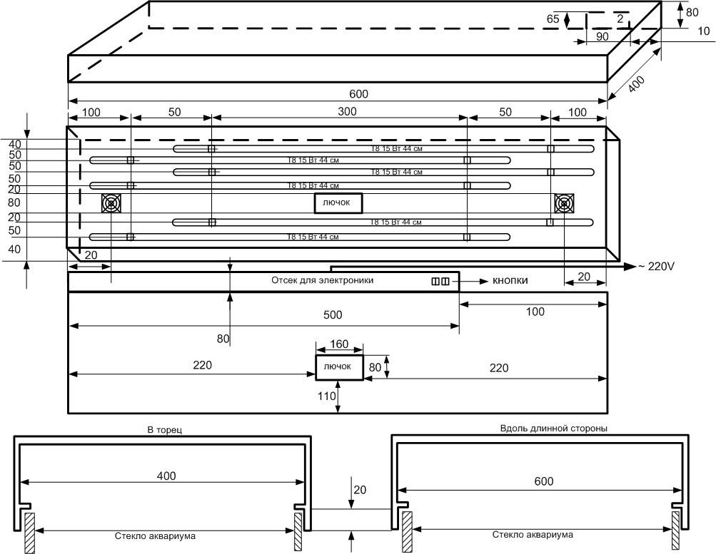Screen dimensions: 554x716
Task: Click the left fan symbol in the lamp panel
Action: click(111, 204)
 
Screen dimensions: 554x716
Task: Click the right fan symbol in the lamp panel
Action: click(564, 204)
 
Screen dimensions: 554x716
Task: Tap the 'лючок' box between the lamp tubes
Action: click(338, 203)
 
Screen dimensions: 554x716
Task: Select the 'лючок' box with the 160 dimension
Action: click(338, 366)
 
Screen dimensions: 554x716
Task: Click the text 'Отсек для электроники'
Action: click(322, 281)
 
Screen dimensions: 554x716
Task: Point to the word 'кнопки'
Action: click(510, 281)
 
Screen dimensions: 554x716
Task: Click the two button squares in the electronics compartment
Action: click(440, 282)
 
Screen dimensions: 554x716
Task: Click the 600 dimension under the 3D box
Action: click(358, 94)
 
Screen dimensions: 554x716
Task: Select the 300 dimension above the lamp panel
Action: click(338, 113)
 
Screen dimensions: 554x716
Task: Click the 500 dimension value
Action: click(333, 315)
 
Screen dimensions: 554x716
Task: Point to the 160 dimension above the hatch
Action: click(339, 344)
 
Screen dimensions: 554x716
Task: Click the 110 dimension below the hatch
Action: click(326, 396)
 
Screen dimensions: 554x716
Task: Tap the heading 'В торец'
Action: click(162, 429)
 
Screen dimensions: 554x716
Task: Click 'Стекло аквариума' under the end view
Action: click(155, 535)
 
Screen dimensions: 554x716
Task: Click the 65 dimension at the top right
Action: click(553, 19)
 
